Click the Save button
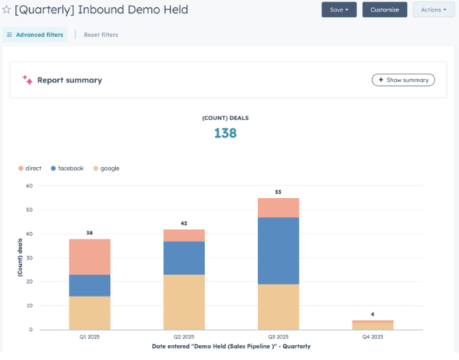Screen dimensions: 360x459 tap(339, 10)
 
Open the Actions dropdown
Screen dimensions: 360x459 tap(433, 10)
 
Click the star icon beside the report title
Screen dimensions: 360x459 tap(7, 10)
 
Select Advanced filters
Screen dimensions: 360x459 tap(35, 35)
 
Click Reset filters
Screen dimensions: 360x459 tap(101, 35)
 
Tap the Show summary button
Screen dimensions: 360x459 tap(403, 80)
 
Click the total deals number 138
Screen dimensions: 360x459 tap(225, 133)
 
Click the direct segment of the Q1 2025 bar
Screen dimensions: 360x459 tap(89, 257)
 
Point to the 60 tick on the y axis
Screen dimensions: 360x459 tap(30, 186)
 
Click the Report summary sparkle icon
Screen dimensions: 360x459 tap(27, 80)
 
